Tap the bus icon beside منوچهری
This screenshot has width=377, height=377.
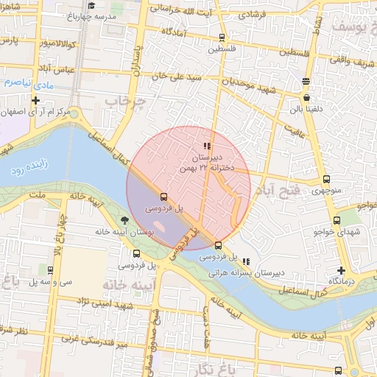[326, 179]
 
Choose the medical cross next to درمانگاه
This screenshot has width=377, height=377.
[340, 271]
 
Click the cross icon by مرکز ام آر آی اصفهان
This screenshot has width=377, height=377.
[35, 100]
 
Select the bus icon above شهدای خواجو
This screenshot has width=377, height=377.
[337, 220]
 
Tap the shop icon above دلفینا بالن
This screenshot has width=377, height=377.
[306, 97]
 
